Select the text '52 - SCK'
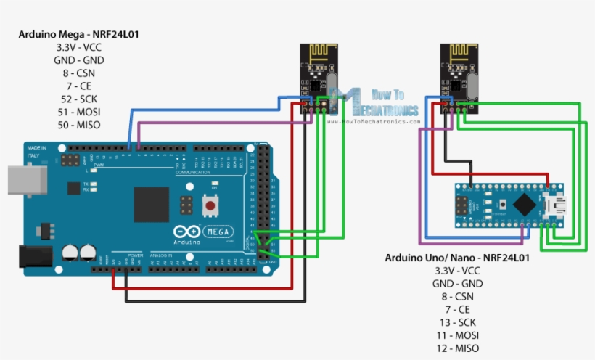pyautogui.click(x=79, y=99)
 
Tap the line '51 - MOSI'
pyautogui.click(x=79, y=112)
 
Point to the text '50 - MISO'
pyautogui.click(x=79, y=125)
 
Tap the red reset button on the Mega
pyautogui.click(x=211, y=205)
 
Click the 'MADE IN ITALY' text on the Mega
pyautogui.click(x=37, y=152)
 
